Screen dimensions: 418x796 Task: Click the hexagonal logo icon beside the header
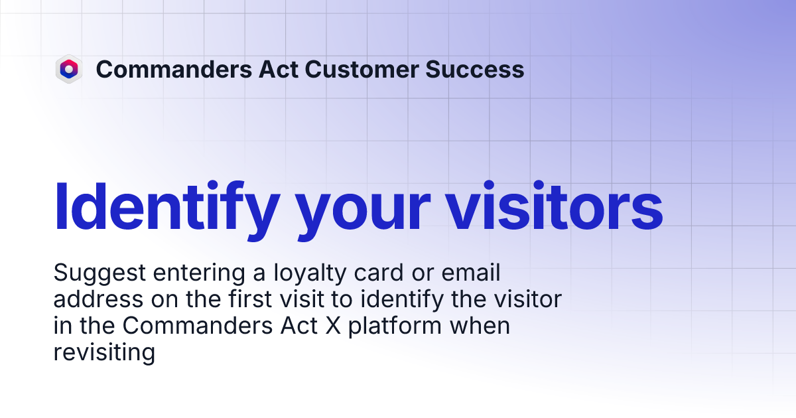tap(68, 69)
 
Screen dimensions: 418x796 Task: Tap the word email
tap(473, 273)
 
